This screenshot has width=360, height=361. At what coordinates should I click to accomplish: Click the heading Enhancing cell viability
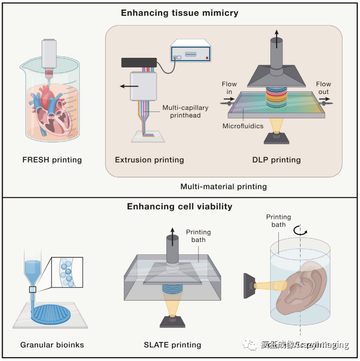[179, 207]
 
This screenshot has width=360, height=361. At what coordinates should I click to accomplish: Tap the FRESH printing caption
[53, 160]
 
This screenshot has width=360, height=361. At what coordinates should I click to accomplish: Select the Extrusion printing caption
[149, 160]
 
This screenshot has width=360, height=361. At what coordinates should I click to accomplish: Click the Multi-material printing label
[223, 186]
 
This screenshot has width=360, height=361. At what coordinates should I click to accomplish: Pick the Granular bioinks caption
[53, 345]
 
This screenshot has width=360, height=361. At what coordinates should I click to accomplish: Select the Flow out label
[323, 88]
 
